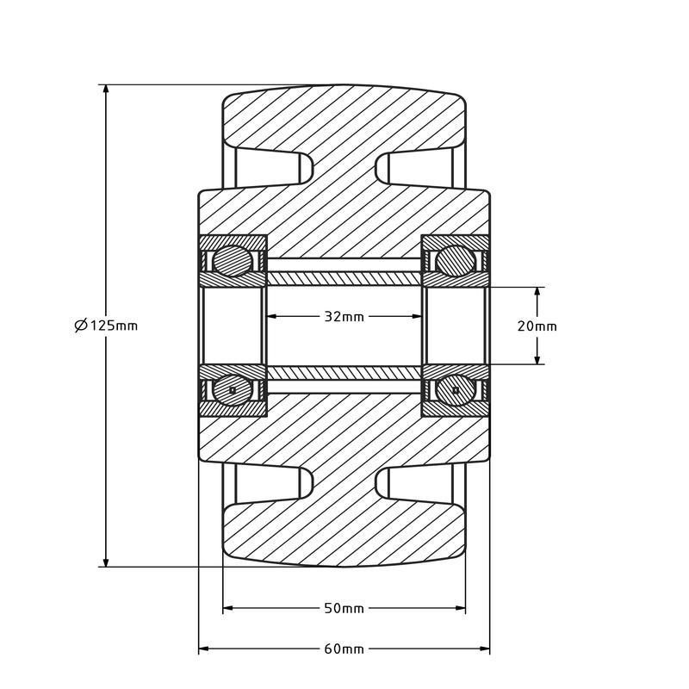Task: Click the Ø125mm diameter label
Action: pyautogui.click(x=106, y=326)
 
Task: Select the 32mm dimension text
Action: pyautogui.click(x=344, y=316)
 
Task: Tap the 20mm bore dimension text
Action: pyautogui.click(x=537, y=326)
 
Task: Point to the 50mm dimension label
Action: pyautogui.click(x=344, y=608)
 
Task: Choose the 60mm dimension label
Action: pyautogui.click(x=344, y=649)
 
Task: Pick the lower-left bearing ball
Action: pyautogui.click(x=233, y=390)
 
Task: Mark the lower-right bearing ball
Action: pyautogui.click(x=455, y=390)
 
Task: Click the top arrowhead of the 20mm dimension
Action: pyautogui.click(x=537, y=292)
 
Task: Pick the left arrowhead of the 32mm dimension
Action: pyautogui.click(x=271, y=316)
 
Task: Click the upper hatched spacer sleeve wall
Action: pyautogui.click(x=344, y=278)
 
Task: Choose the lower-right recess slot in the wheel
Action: pyautogui.click(x=420, y=484)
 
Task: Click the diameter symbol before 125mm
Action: pyautogui.click(x=80, y=326)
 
